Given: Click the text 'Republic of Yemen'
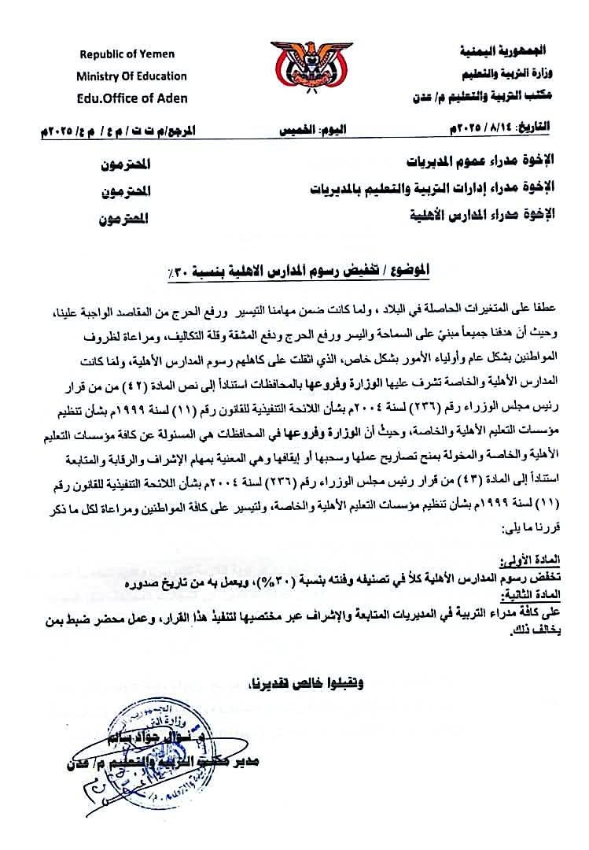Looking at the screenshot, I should point(127,54).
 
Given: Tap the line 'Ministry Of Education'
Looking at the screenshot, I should point(131,76).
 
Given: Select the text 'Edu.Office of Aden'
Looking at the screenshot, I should point(132,98).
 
